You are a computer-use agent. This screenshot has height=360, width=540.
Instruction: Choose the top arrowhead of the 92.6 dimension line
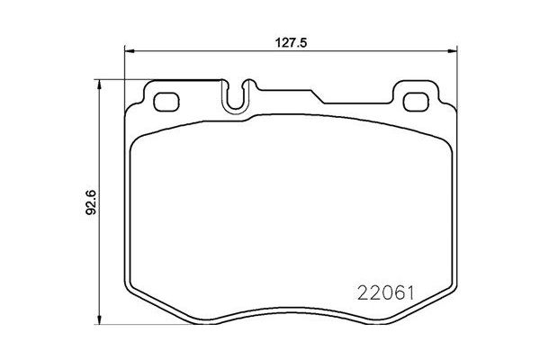pos(98,84)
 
